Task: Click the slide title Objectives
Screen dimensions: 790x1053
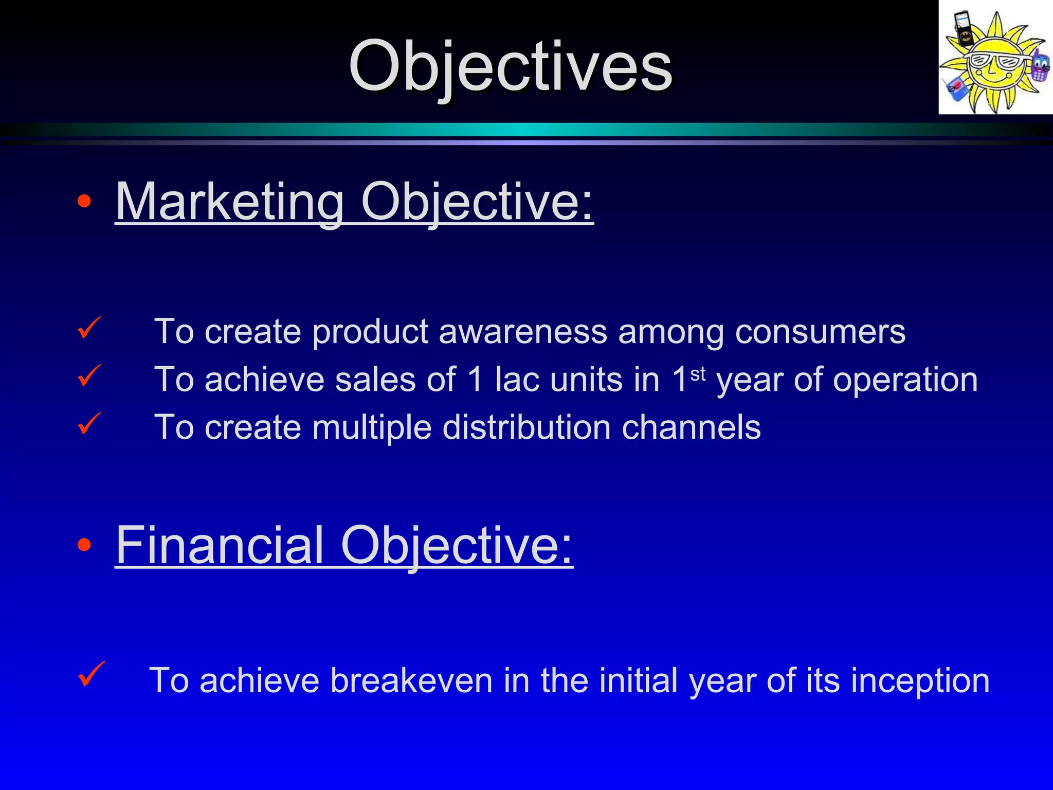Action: click(x=510, y=67)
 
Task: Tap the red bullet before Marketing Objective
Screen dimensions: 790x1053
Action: click(x=84, y=202)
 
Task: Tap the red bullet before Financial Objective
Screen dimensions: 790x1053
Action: click(x=84, y=545)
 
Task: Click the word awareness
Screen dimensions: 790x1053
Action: click(x=522, y=332)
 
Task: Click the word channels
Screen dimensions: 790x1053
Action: click(x=691, y=427)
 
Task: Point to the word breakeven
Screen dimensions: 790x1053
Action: click(x=411, y=680)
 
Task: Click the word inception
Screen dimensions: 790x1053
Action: click(x=920, y=680)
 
